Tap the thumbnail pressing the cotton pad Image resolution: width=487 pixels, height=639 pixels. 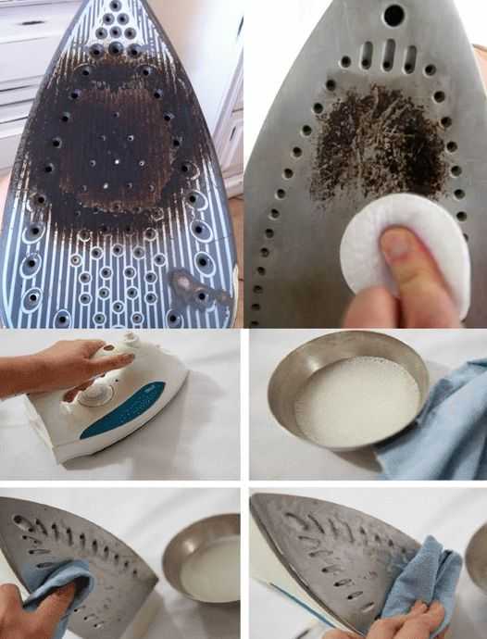(x=395, y=245)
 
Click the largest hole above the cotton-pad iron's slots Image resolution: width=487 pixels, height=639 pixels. (x=393, y=15)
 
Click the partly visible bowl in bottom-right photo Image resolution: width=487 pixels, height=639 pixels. (x=478, y=556)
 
